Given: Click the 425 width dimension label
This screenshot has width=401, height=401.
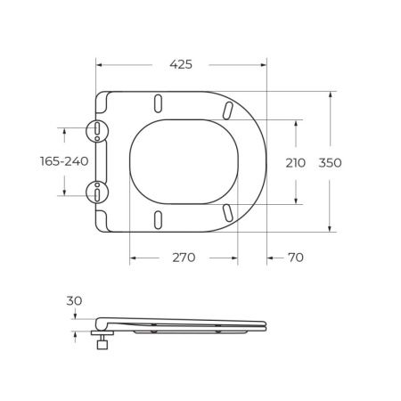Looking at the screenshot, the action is point(181,64).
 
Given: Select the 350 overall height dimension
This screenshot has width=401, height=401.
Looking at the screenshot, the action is point(330,163).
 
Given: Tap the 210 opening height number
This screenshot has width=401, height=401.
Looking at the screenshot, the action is point(296,163).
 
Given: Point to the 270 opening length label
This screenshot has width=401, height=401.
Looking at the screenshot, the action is point(184,258).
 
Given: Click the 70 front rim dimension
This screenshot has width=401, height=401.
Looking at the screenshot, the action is point(296,258).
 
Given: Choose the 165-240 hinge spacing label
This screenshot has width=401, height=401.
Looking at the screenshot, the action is point(64,161).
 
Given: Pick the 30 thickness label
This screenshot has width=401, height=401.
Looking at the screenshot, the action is point(74,301).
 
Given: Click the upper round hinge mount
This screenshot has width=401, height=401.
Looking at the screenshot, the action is point(97,131).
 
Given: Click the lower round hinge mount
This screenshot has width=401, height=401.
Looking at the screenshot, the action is point(97,192).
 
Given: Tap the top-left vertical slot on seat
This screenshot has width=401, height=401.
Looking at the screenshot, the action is point(159,103).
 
